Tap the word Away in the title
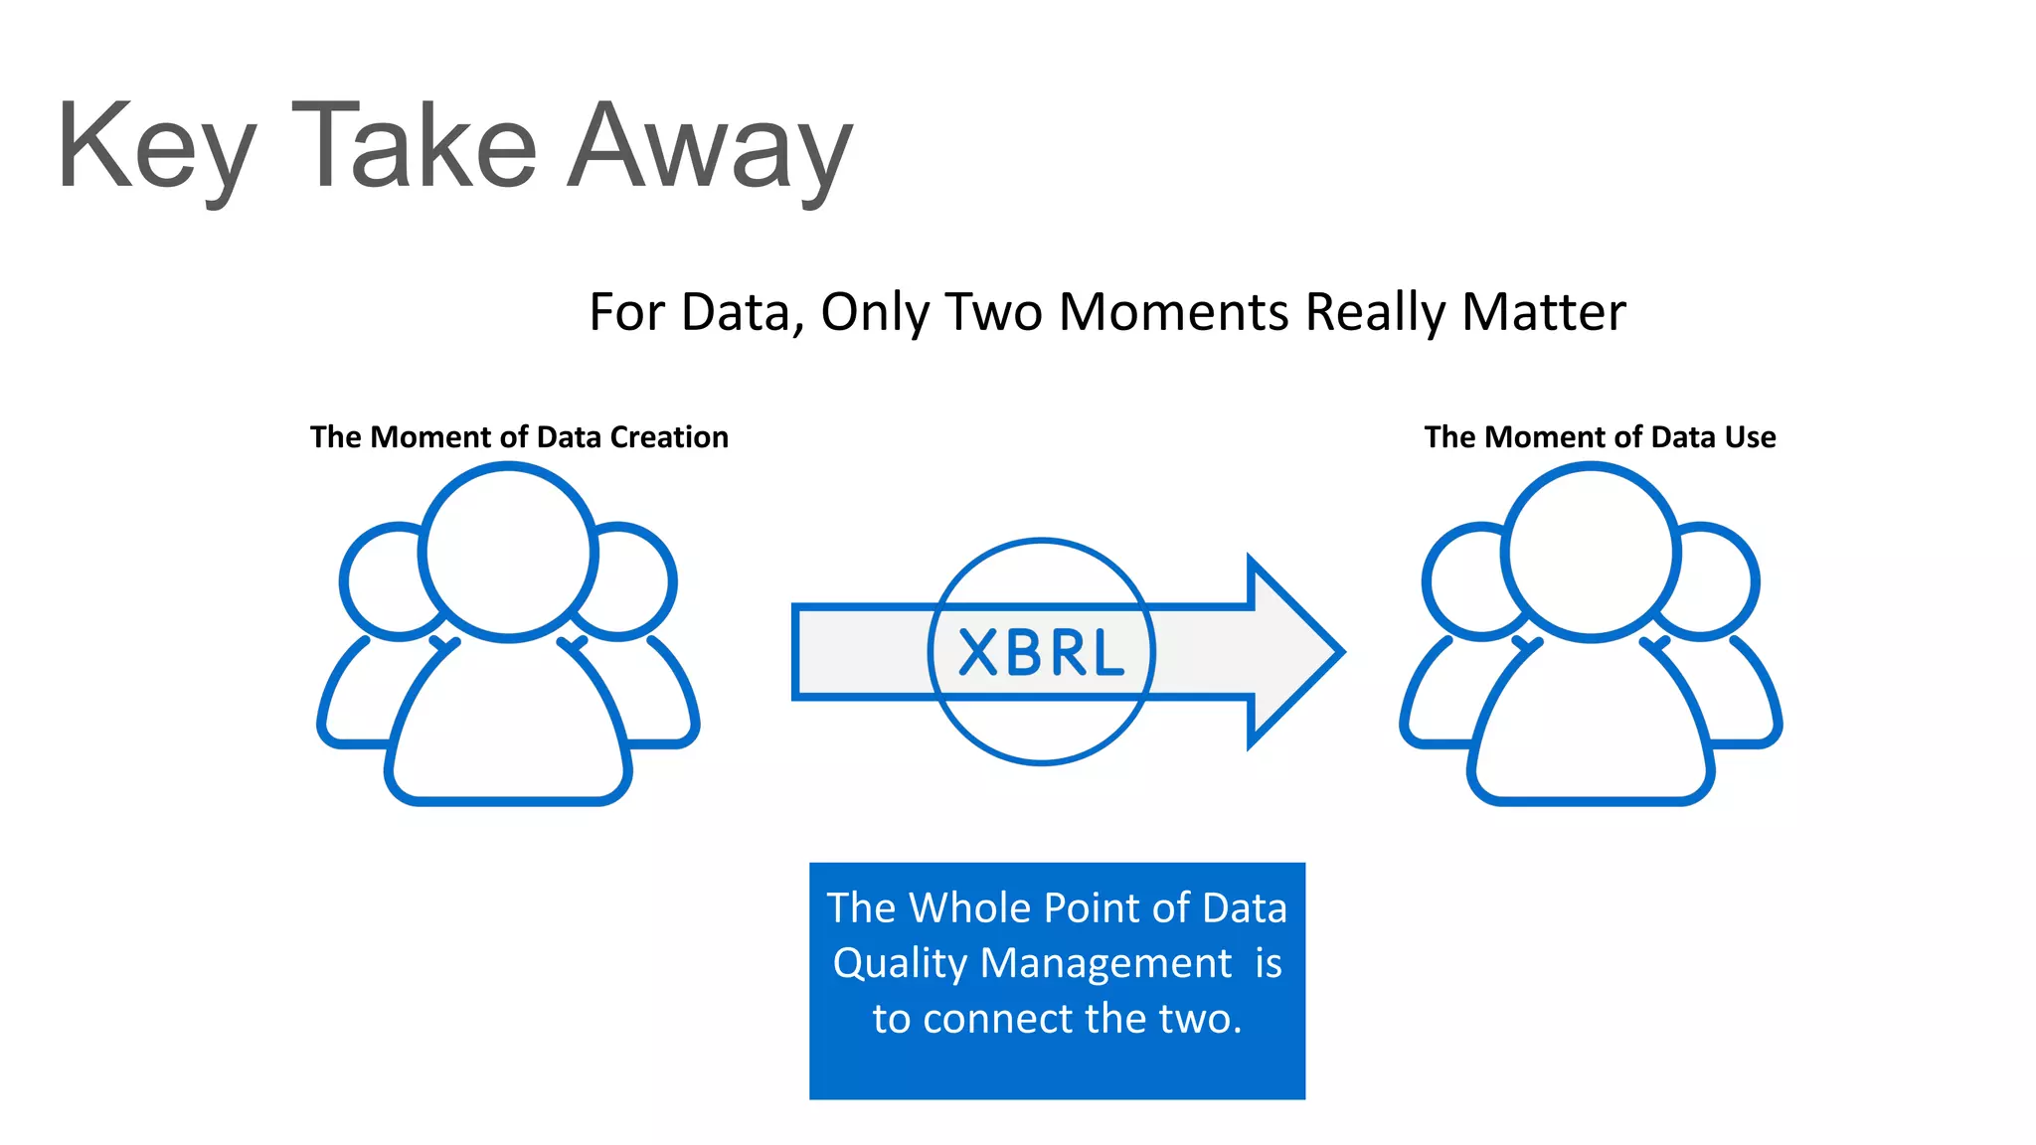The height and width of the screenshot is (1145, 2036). (710, 149)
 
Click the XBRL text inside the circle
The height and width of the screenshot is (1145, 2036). (1041, 653)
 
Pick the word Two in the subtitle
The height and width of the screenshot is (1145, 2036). (993, 312)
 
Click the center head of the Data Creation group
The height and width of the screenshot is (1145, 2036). (508, 552)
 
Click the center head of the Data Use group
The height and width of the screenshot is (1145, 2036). (1591, 552)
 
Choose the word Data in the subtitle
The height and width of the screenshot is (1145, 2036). (742, 312)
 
